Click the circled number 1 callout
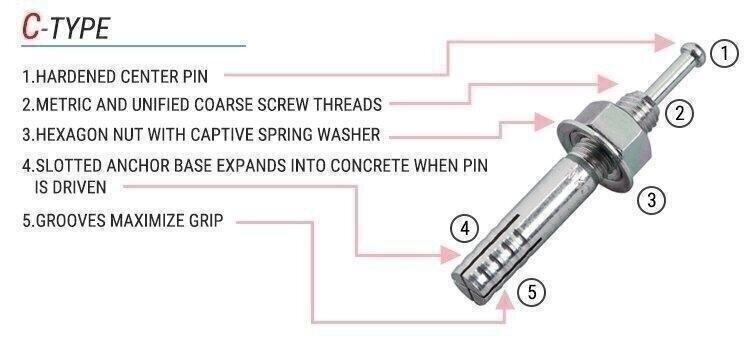pyautogui.click(x=725, y=54)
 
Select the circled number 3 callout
pyautogui.click(x=651, y=199)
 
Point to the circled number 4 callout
pyautogui.click(x=464, y=229)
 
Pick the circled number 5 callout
pyautogui.click(x=531, y=292)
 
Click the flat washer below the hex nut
pyautogui.click(x=592, y=155)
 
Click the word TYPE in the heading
pyautogui.click(x=80, y=28)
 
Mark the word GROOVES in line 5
pyautogui.click(x=71, y=220)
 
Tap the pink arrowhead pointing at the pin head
pyautogui.click(x=664, y=43)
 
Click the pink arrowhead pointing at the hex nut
pyautogui.click(x=544, y=122)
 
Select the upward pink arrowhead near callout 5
pyautogui.click(x=504, y=302)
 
